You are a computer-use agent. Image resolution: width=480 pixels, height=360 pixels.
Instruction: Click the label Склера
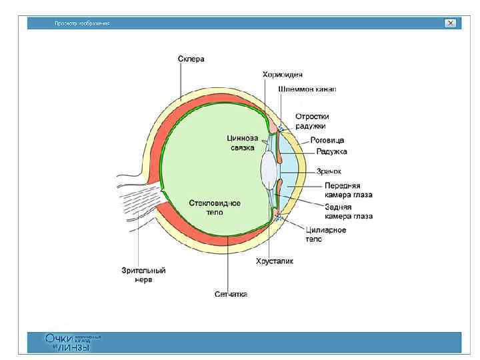pyautogui.click(x=191, y=59)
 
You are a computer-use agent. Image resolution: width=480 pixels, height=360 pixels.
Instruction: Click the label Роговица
pyautogui.click(x=327, y=141)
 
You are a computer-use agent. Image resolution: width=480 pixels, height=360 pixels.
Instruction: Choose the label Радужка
pyautogui.click(x=331, y=151)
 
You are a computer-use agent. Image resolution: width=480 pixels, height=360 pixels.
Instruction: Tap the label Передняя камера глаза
pyautogui.click(x=348, y=190)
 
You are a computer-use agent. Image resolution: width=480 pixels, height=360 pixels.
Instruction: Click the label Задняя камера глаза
pyautogui.click(x=349, y=211)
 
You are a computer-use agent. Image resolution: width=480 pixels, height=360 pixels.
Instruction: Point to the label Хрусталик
pyautogui.click(x=275, y=261)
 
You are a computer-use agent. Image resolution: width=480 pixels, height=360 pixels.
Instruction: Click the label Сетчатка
pyautogui.click(x=231, y=293)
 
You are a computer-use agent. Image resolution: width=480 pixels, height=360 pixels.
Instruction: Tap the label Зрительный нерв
pyautogui.click(x=143, y=275)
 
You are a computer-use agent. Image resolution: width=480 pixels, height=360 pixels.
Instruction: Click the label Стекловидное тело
pyautogui.click(x=214, y=207)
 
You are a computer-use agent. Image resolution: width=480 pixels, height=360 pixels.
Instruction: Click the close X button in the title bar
pyautogui.click(x=451, y=23)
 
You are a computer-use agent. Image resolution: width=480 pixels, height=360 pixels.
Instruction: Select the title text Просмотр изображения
pyautogui.click(x=82, y=23)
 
